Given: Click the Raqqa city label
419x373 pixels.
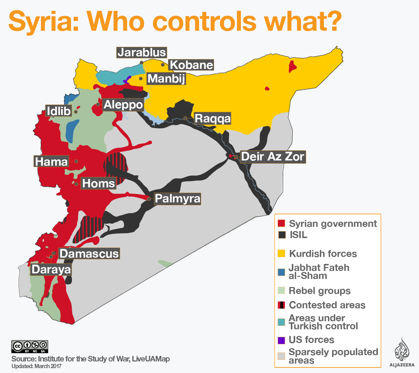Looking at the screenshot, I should point(213,119).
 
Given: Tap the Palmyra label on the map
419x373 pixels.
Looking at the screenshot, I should point(177,199).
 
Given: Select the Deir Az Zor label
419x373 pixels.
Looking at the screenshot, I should point(273,157).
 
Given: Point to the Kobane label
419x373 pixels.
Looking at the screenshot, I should point(191,65).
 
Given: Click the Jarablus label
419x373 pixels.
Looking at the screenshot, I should point(141,52).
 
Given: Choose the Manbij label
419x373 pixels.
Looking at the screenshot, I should point(166,79).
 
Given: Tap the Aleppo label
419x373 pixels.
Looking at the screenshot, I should point(123,105).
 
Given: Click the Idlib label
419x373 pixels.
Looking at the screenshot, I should point(59,111).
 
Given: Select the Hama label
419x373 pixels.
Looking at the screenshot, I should point(51,162).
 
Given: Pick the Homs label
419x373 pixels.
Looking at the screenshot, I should point(98,183).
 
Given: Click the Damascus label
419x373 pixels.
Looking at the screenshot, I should point(89,253).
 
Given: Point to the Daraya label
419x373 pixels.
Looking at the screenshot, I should point(51,270).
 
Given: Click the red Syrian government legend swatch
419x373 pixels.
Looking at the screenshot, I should point(281,223).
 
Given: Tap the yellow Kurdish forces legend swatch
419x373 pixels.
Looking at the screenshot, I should point(281,253).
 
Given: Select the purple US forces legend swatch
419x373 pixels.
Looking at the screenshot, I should point(281,340).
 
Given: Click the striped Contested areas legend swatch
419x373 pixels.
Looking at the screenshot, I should point(281,305).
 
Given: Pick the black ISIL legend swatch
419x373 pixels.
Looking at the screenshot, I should point(281,235).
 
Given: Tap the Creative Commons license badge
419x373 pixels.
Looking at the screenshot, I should point(30,346).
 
